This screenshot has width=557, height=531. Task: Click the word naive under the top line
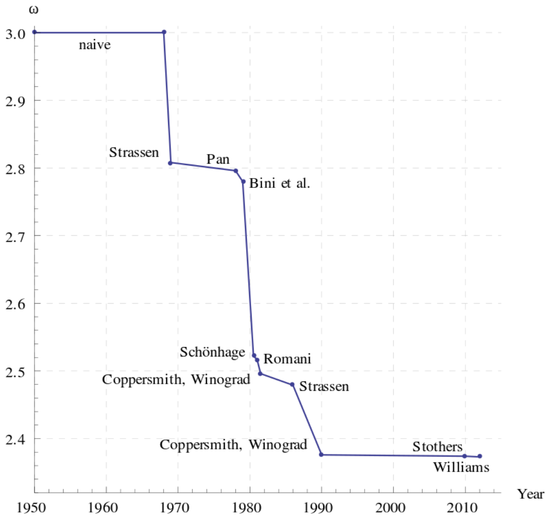[94, 46]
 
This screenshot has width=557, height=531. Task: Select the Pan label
[218, 159]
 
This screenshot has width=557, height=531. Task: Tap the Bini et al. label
[279, 183]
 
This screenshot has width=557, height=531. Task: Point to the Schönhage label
[212, 352]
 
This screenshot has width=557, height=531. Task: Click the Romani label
[286, 358]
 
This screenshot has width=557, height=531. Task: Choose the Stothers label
[438, 447]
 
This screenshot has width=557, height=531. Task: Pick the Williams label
[461, 467]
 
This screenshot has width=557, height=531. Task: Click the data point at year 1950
[34, 32]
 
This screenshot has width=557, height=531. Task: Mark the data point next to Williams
[479, 456]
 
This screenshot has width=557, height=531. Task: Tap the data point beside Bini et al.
[243, 181]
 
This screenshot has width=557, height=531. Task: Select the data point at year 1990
[321, 454]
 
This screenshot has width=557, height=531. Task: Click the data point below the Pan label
[236, 171]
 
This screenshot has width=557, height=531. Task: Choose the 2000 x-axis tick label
[393, 509]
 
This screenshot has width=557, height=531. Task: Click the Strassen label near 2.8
[134, 152]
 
